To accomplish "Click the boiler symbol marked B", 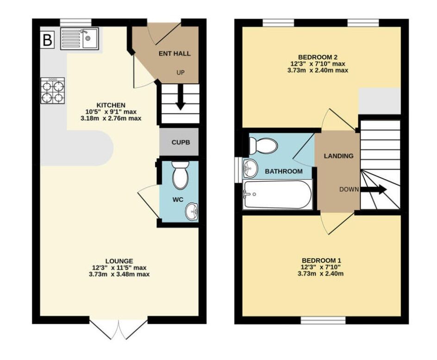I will tap(47, 40).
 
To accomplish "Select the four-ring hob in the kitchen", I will tap(53, 91).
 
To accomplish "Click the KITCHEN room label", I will tap(111, 105).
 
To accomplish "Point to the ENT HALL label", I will tap(175, 54).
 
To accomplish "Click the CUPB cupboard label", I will tap(179, 143).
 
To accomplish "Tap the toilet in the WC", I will tap(180, 174).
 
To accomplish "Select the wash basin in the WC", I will tap(191, 211).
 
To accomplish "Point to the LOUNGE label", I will tap(119, 261).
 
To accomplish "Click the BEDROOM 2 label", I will tap(317, 57).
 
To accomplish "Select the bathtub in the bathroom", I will tap(277, 195).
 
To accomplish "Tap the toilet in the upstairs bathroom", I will tap(263, 145).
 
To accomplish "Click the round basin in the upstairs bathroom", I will tap(250, 168).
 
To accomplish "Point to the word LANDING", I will tap(338, 156).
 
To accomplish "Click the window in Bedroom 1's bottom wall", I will tap(323, 320).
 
